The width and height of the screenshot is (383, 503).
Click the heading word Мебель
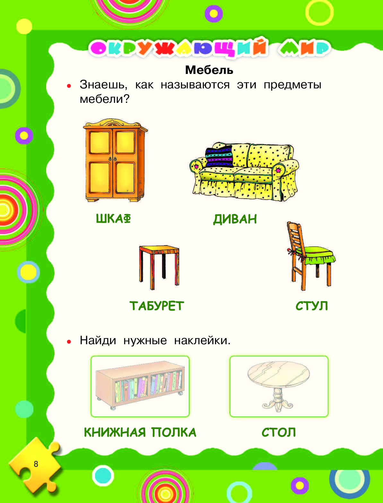pyautogui.click(x=209, y=70)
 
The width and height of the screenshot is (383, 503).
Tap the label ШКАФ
pyautogui.click(x=113, y=218)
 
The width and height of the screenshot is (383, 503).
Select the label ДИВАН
pyautogui.click(x=235, y=219)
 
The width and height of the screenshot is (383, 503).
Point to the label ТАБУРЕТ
pyautogui.click(x=157, y=306)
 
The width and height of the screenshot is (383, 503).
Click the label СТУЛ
pyautogui.click(x=312, y=306)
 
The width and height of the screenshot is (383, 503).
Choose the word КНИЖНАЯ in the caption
pyautogui.click(x=115, y=432)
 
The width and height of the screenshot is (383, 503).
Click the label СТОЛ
pyautogui.click(x=279, y=432)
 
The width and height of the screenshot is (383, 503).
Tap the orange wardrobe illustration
pyautogui.click(x=115, y=160)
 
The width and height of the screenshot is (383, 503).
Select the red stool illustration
pyautogui.click(x=159, y=267)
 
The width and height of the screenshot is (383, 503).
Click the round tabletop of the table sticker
pyautogui.click(x=278, y=374)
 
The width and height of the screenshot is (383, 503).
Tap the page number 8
pyautogui.click(x=36, y=464)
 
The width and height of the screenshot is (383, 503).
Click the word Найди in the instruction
pyautogui.click(x=98, y=340)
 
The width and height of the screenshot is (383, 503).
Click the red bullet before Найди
pyautogui.click(x=69, y=342)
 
